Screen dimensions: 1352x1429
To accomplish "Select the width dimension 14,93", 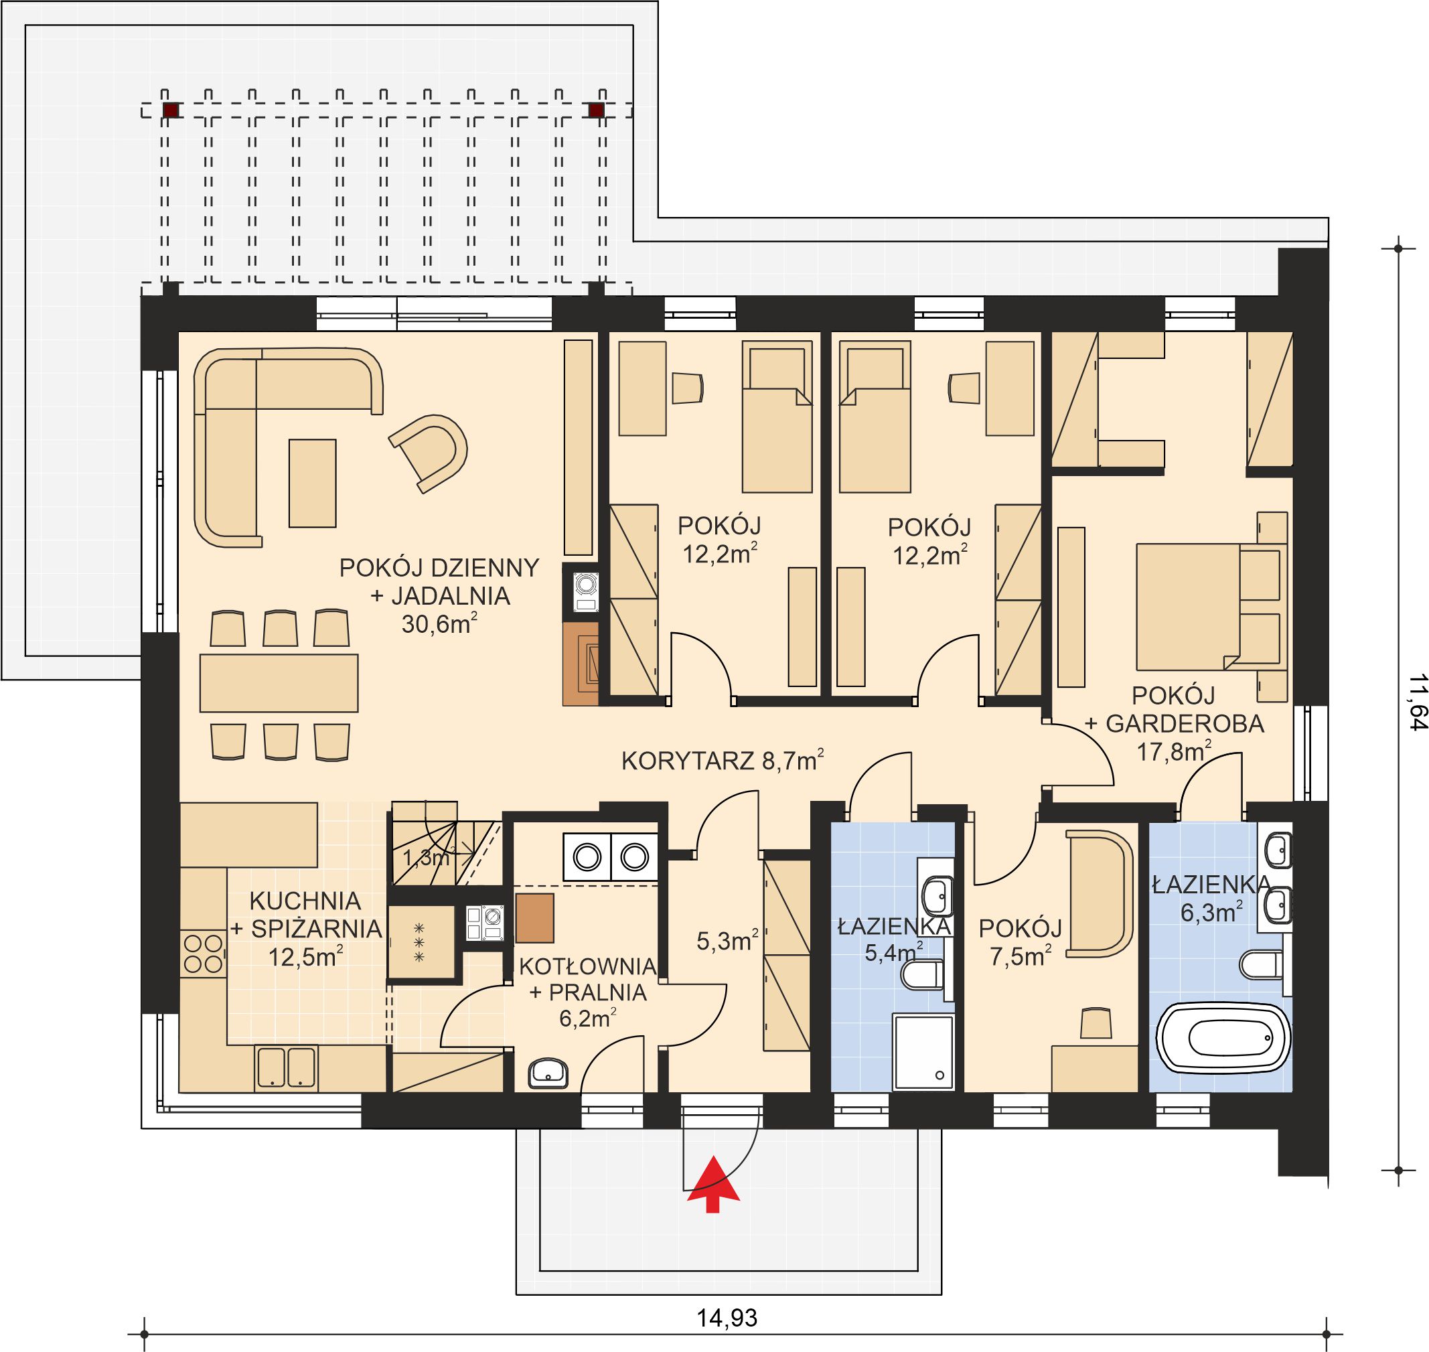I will tap(727, 1317).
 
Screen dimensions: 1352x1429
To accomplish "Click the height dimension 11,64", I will tap(1417, 702).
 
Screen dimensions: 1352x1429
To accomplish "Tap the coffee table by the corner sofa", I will tap(312, 483).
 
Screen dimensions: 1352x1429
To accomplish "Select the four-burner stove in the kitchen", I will tap(203, 954).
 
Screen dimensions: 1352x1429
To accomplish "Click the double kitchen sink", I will tap(286, 1067).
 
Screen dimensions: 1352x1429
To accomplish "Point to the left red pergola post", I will tap(171, 110).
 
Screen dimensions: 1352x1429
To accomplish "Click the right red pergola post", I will tap(596, 110).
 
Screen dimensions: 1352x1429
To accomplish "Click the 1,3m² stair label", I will tap(425, 858).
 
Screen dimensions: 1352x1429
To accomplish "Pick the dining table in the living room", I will tap(279, 682).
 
